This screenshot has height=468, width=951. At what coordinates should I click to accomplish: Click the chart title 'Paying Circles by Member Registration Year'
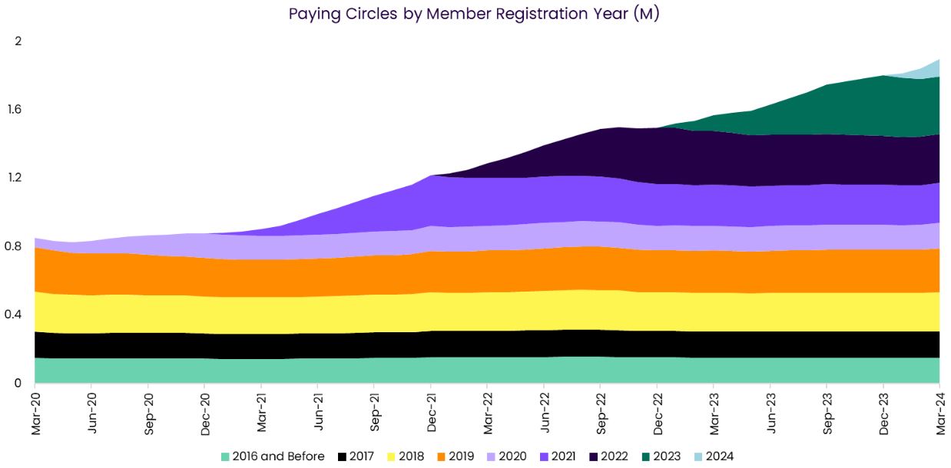pos(474,14)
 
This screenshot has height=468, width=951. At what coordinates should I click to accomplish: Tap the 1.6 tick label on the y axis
pos(15,109)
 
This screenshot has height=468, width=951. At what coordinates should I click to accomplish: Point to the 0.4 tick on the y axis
pos(15,315)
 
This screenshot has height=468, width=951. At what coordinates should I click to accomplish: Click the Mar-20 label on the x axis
pos(35,414)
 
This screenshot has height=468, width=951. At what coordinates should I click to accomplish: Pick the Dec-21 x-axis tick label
pos(431,414)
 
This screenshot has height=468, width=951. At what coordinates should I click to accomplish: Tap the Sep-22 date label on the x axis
pos(601,414)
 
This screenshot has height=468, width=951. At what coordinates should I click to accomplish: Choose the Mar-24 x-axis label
pos(939,414)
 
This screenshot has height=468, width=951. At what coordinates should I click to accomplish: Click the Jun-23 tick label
pos(770,414)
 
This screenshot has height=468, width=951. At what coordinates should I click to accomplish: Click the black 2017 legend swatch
pos(342,456)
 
